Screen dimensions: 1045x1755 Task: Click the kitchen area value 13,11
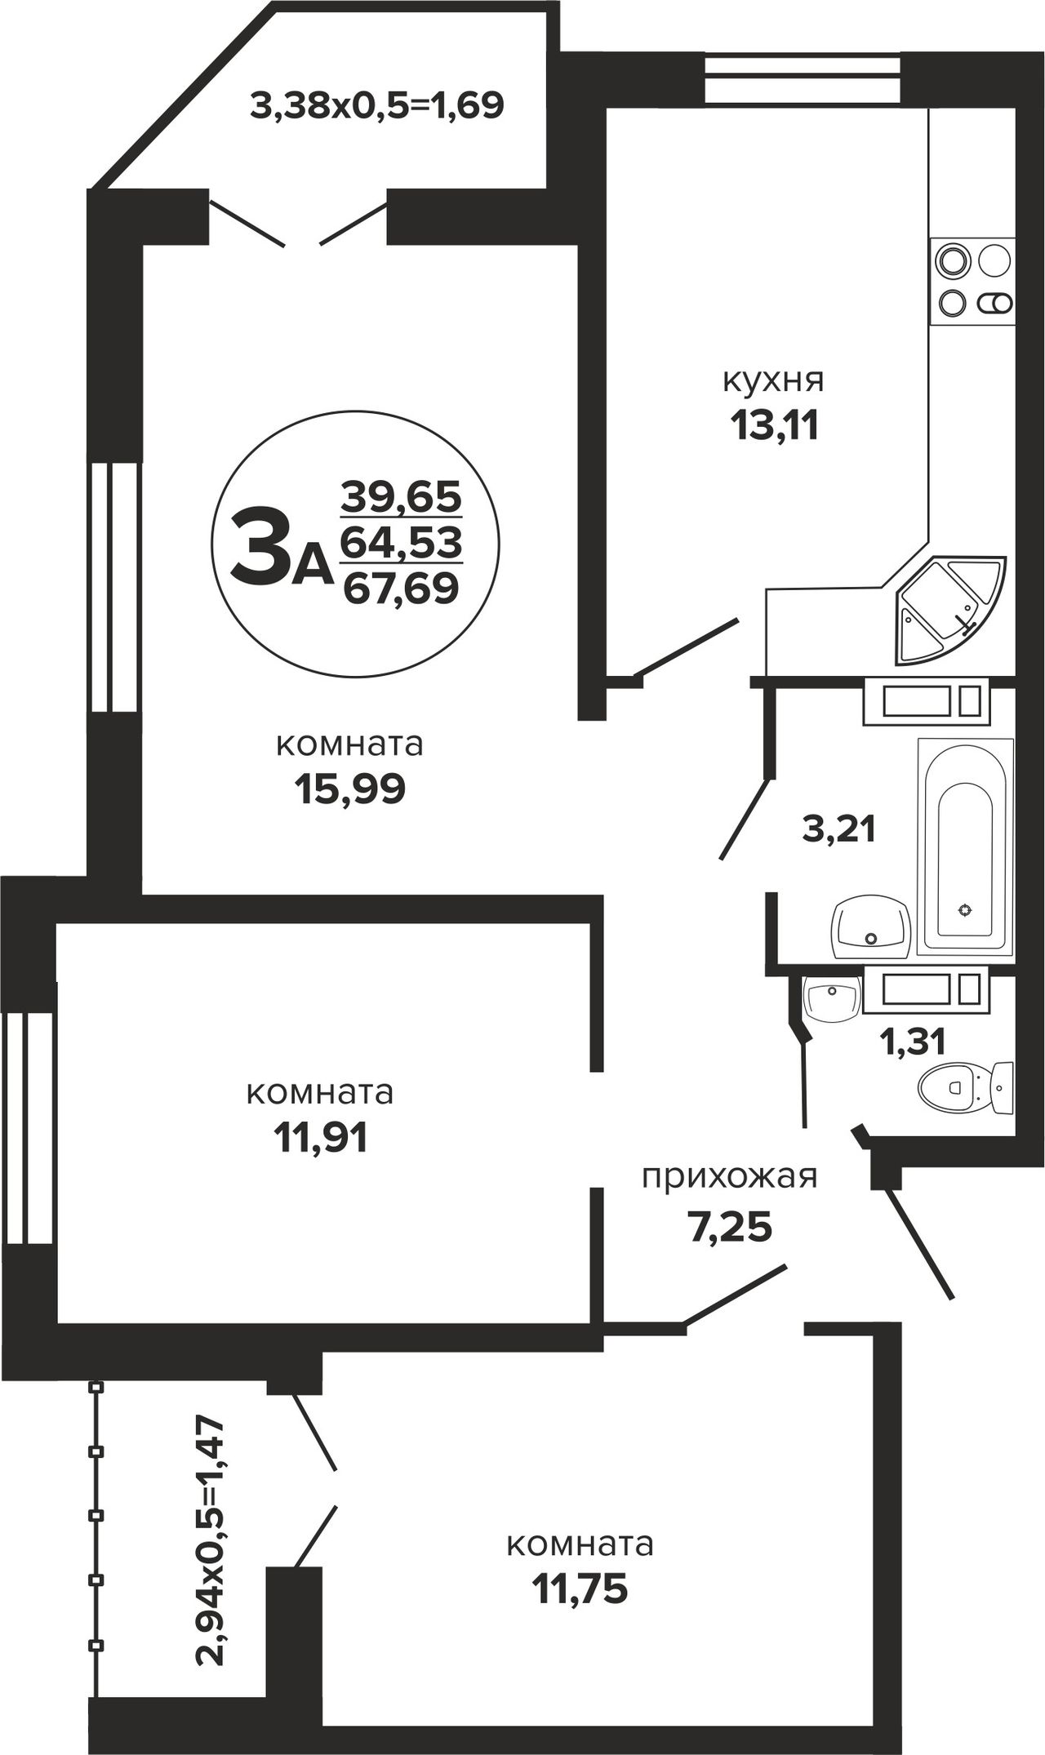click(774, 425)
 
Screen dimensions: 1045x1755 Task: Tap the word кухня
click(773, 380)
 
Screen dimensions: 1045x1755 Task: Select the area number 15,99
click(349, 789)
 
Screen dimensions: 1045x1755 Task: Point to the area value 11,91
click(320, 1138)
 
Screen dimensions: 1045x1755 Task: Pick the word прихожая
click(729, 1178)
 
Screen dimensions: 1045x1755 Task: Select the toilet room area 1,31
click(912, 1041)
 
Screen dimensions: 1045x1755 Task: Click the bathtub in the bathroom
click(966, 846)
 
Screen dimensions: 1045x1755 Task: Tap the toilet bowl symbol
click(966, 1086)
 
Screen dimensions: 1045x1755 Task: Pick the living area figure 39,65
click(401, 495)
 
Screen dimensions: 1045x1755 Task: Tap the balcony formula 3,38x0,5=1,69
click(376, 105)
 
